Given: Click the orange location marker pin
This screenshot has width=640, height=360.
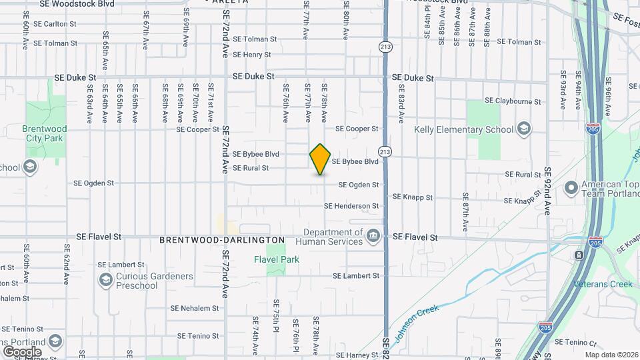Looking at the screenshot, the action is coord(321,159).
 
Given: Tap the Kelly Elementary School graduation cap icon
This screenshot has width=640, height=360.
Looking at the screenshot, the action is coord(524,129).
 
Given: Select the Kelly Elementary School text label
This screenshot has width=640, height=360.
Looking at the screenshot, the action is coord(463,129).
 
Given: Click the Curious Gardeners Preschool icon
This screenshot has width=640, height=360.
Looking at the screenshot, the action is coord(105,281).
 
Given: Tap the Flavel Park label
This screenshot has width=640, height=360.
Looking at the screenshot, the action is coord(276,259).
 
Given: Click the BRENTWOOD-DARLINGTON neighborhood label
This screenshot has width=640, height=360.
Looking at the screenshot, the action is coord(222,239).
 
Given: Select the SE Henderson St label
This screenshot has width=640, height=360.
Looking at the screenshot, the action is coord(355,206).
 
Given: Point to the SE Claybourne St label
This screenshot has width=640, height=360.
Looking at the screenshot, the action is coord(513,101).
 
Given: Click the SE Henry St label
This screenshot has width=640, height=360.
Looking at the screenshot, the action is coord(247,55).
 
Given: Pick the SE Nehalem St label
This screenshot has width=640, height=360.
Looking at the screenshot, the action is coord(195,308).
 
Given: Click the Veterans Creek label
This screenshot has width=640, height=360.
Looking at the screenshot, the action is coord(603,284).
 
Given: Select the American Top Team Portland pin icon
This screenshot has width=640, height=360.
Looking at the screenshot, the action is coord(571,189).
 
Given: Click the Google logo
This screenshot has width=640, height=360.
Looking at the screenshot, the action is coord(22,351).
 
